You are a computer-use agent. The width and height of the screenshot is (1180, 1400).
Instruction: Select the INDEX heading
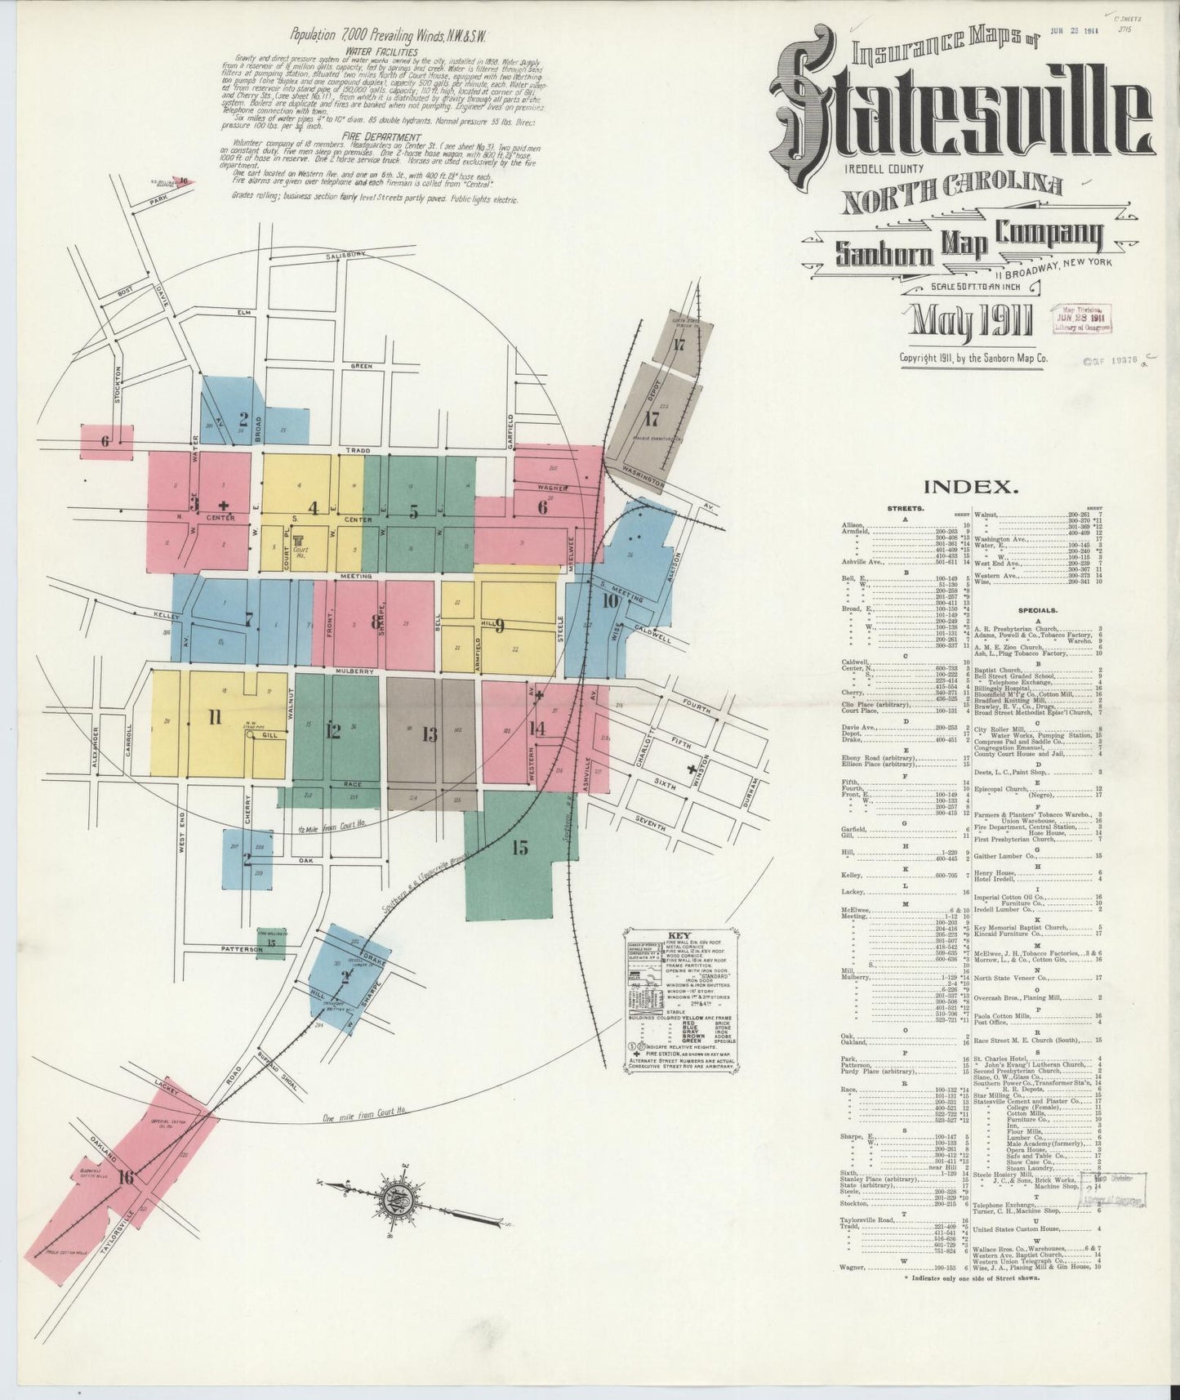click(971, 488)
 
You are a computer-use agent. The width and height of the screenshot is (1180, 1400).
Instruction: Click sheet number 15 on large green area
click(519, 848)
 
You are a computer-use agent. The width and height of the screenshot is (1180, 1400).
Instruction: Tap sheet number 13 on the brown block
click(430, 733)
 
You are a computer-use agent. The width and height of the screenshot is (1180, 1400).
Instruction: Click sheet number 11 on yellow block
click(214, 718)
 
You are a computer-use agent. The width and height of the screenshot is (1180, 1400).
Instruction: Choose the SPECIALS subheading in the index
click(1039, 609)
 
